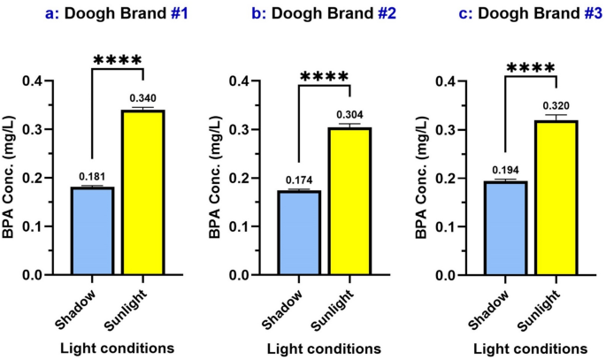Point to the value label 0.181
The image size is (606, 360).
[93, 177]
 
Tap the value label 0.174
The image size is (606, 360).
[299, 180]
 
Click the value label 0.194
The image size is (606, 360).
[504, 171]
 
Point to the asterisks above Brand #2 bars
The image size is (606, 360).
[325, 77]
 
